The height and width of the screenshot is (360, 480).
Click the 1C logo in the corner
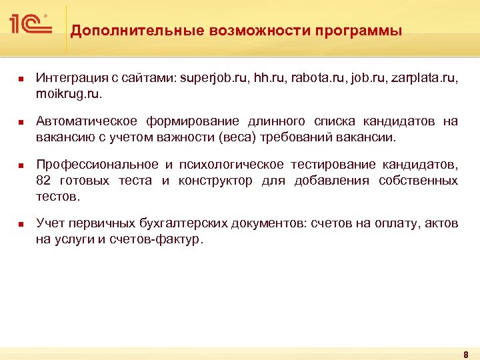click(31, 25)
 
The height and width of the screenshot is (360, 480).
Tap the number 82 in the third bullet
click(44, 181)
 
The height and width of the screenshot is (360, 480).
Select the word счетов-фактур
click(163, 240)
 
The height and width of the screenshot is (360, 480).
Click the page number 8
click(465, 354)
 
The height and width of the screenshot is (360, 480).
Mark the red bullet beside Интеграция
click(21, 79)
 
